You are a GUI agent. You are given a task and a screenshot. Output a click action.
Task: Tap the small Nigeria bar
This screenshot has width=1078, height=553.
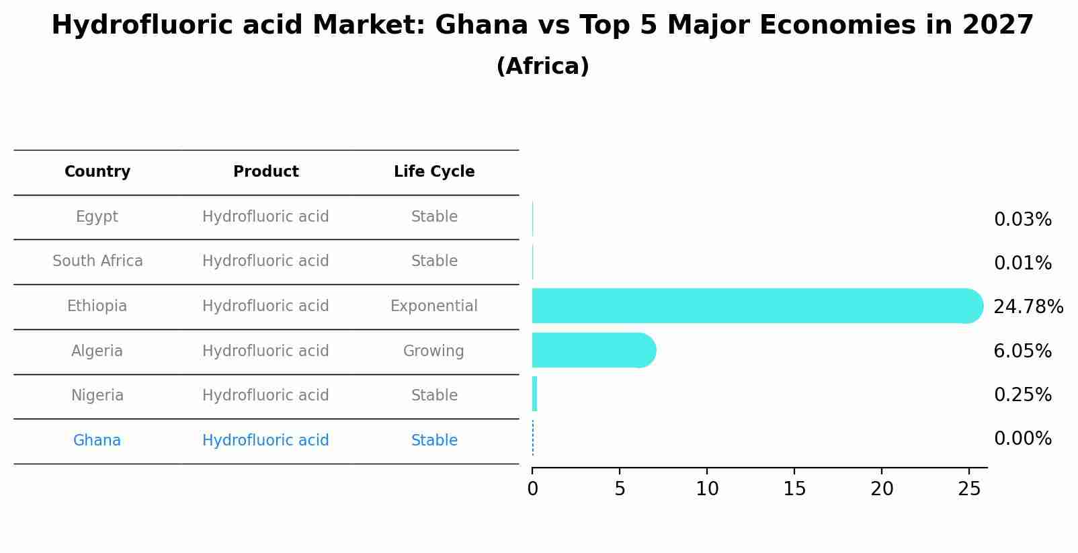click(x=534, y=394)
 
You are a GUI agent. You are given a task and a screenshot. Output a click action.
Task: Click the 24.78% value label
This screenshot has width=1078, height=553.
click(x=1028, y=307)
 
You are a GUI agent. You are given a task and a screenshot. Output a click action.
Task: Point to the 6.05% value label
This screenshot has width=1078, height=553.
click(x=1022, y=351)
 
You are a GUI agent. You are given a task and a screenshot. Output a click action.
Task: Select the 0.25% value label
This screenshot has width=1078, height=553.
click(x=1022, y=395)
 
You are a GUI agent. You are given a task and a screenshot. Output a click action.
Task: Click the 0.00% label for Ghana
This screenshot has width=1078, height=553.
click(x=1022, y=439)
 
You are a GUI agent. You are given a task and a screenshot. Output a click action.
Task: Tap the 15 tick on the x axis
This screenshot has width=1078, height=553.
click(x=794, y=489)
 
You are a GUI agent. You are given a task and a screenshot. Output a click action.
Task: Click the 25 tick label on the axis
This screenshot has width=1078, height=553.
click(x=969, y=489)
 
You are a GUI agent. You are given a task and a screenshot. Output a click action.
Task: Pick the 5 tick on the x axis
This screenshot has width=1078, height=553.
click(x=620, y=489)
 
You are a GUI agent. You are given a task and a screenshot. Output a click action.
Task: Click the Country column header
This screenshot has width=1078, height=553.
click(x=97, y=172)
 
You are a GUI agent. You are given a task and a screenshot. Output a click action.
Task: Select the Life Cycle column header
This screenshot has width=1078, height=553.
click(x=434, y=172)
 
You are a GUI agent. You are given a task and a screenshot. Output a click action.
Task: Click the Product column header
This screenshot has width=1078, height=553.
click(x=266, y=172)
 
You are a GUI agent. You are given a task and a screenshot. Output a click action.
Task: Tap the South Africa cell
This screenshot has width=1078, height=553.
click(x=97, y=261)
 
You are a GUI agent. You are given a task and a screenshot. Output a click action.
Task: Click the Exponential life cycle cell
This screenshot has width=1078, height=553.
click(x=434, y=306)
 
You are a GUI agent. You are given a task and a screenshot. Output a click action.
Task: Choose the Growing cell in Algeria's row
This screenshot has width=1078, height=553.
click(x=433, y=351)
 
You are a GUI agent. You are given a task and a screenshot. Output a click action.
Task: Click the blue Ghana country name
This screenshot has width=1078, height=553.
click(x=97, y=441)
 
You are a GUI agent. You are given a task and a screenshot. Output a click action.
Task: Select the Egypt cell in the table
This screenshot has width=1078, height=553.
click(x=97, y=217)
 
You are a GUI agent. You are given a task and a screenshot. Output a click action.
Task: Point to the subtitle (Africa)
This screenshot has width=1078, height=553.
click(x=542, y=67)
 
